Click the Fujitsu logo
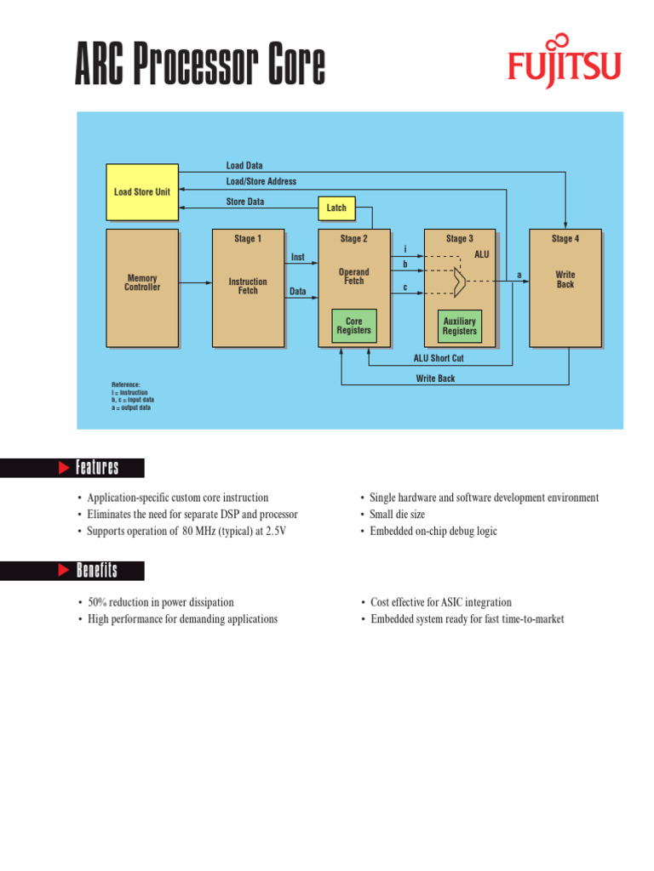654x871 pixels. tap(565, 62)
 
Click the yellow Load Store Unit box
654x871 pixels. tap(142, 191)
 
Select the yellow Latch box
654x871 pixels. tap(336, 208)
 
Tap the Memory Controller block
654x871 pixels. tap(142, 283)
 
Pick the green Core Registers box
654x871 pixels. tap(353, 326)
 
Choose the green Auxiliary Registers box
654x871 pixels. tap(459, 326)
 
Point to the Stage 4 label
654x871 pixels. tap(565, 239)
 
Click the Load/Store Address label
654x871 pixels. tap(261, 182)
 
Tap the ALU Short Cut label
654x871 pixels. tap(439, 359)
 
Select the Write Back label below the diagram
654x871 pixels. tap(435, 379)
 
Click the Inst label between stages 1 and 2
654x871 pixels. tap(298, 257)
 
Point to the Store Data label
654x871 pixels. tap(244, 202)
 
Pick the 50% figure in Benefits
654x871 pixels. tap(99, 602)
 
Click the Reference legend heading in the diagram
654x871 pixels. tap(126, 385)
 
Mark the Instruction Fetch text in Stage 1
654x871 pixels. tap(248, 287)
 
